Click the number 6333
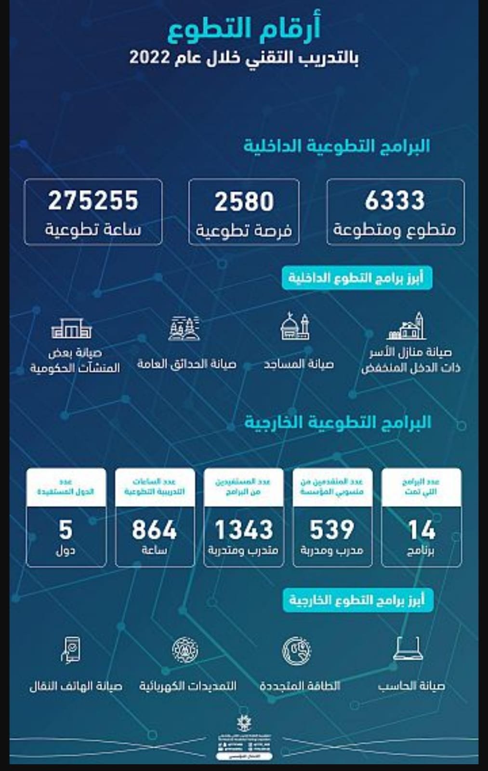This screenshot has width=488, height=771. click(x=395, y=201)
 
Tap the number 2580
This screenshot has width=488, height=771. click(x=244, y=201)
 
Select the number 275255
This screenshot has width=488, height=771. click(x=93, y=201)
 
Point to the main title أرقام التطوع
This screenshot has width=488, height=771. click(x=244, y=28)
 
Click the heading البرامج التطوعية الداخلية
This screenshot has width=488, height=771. click(x=336, y=146)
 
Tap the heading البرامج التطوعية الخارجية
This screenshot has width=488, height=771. click(x=337, y=422)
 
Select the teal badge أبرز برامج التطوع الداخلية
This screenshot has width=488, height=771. click(x=356, y=278)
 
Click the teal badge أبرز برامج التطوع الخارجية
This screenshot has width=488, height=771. click(x=357, y=600)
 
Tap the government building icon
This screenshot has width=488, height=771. click(x=71, y=329)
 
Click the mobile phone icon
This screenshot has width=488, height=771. click(x=71, y=649)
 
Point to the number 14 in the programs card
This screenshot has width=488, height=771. click(x=422, y=530)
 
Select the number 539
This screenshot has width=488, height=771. click(x=332, y=530)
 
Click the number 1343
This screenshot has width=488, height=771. click(x=244, y=530)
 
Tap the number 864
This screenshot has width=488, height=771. click(x=155, y=530)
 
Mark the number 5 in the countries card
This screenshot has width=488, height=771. click(x=66, y=530)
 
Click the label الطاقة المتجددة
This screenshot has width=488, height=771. click(x=300, y=686)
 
